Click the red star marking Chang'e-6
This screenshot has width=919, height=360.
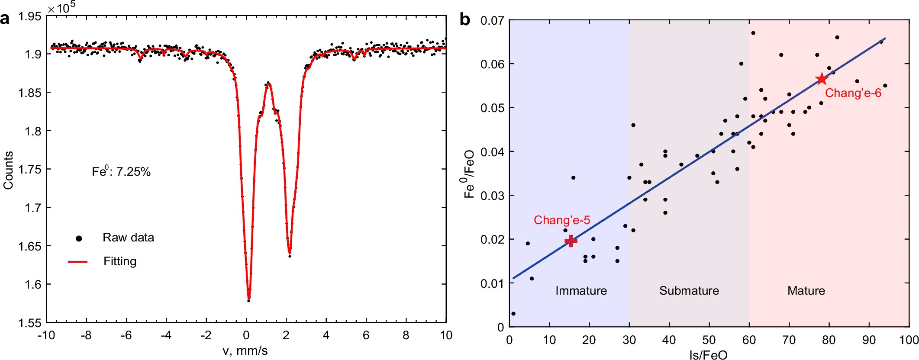click(822, 79)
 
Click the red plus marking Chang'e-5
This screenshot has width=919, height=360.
click(571, 241)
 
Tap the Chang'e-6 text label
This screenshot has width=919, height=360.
click(853, 93)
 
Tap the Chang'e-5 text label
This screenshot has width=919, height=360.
click(561, 220)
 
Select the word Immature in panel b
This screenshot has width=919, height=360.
click(581, 291)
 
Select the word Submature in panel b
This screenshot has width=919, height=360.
click(689, 291)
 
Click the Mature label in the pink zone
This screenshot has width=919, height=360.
click(806, 291)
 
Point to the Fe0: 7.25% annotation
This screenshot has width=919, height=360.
click(121, 172)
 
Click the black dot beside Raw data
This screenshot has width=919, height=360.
click(79, 238)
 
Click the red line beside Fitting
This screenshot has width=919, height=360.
click(78, 262)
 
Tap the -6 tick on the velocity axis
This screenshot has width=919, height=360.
click(126, 335)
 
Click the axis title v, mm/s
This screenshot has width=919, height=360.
click(245, 350)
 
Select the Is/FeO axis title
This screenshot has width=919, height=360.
click(708, 355)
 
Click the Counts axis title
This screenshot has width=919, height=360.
click(8, 170)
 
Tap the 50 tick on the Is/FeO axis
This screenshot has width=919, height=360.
click(709, 340)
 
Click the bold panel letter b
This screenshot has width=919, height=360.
click(464, 20)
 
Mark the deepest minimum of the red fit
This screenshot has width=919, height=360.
click(249, 299)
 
